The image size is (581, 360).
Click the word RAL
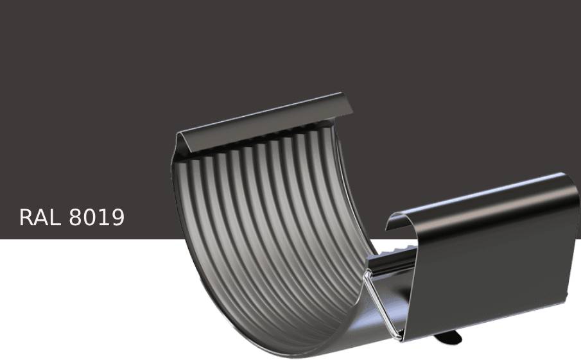(x=40, y=218)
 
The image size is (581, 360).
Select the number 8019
(x=97, y=218)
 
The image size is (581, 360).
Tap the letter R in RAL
(x=26, y=218)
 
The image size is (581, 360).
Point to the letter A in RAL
(x=40, y=218)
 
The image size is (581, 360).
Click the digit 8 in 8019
(x=75, y=218)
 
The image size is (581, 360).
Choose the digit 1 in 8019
(x=103, y=218)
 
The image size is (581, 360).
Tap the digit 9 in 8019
(x=117, y=218)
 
